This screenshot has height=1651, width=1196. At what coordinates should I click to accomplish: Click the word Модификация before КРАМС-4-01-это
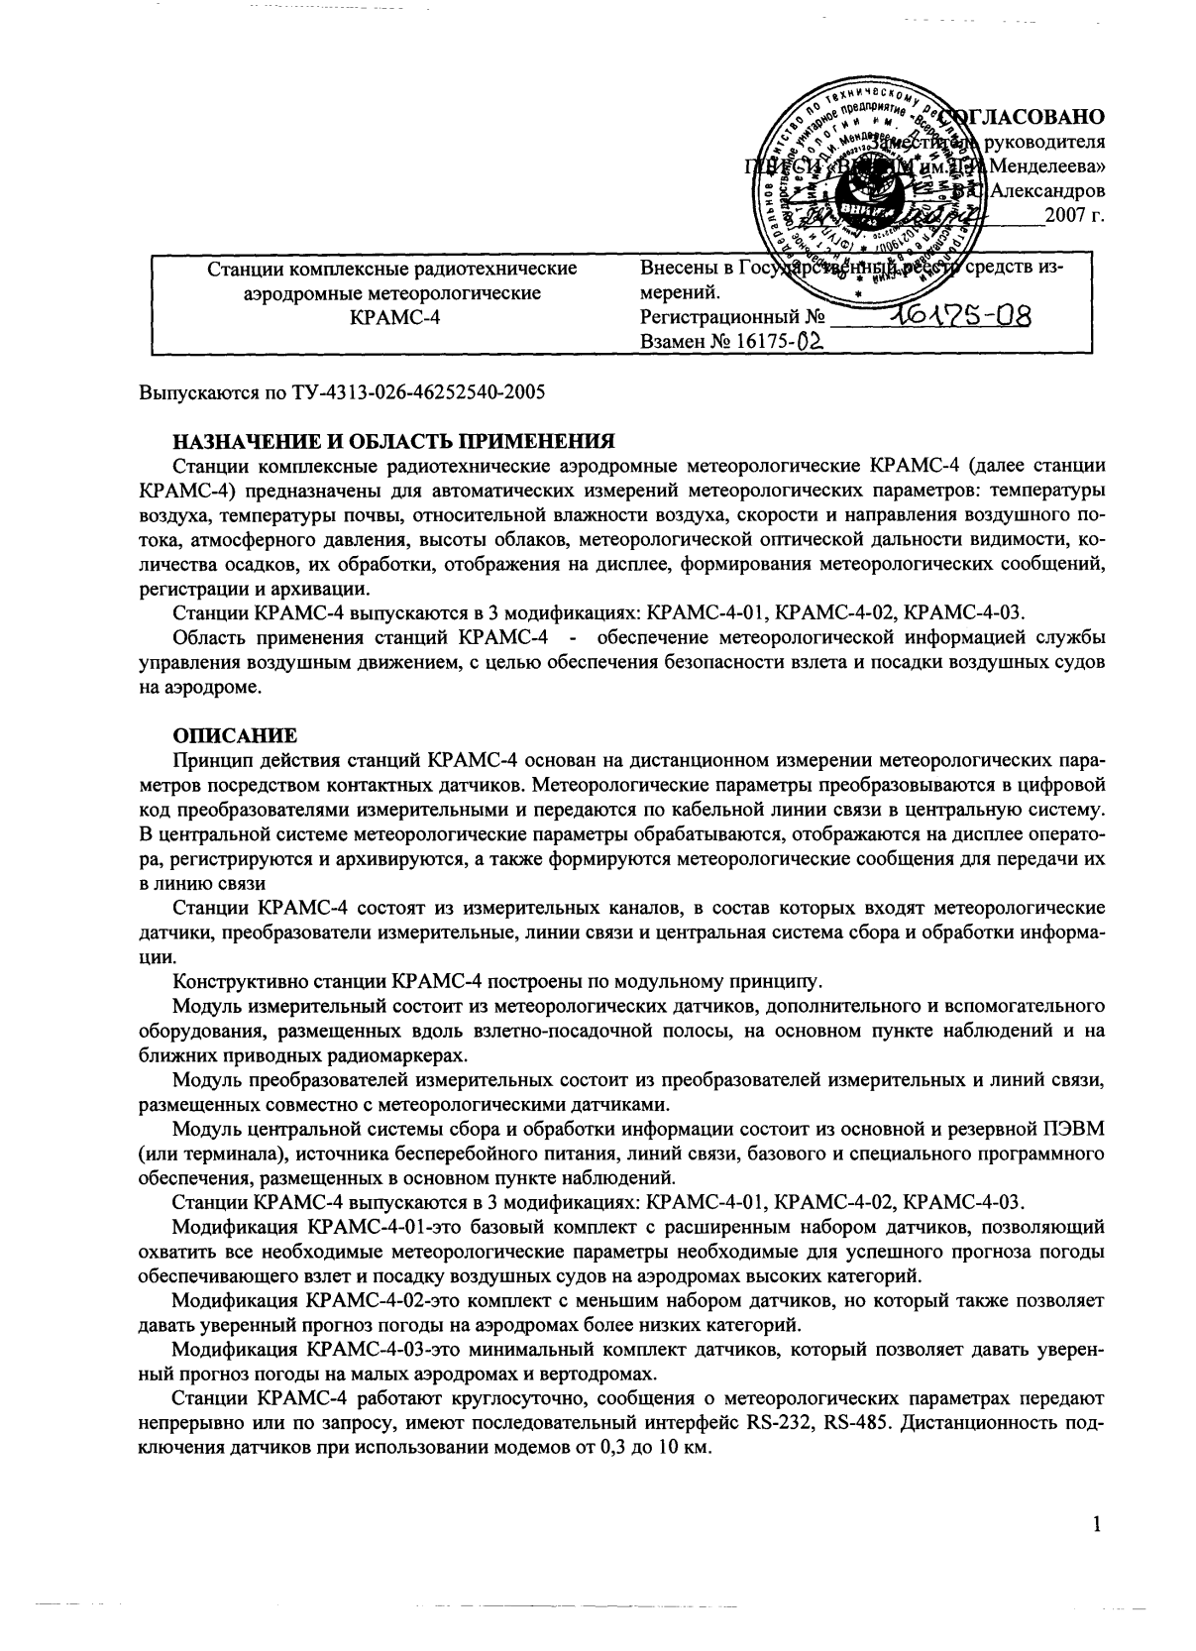pos(237,1227)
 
